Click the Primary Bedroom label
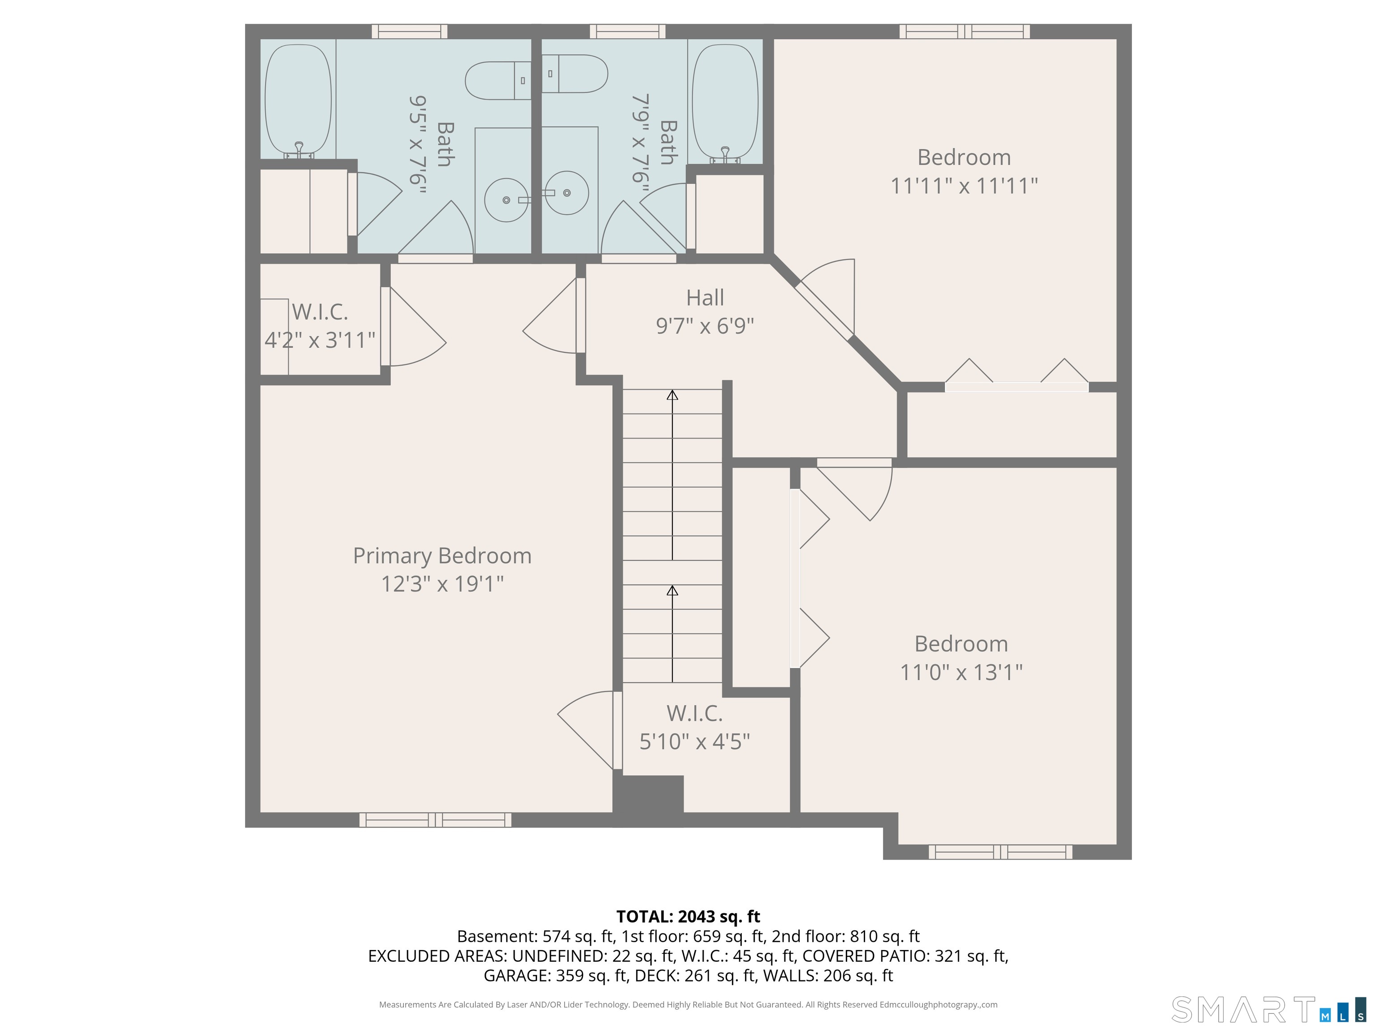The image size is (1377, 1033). [442, 556]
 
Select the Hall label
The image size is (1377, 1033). [705, 298]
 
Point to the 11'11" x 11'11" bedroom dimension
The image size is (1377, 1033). [964, 186]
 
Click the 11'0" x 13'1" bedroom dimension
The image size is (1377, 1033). [961, 673]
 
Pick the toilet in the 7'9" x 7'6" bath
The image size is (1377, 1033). [574, 74]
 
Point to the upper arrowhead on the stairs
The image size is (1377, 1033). [672, 395]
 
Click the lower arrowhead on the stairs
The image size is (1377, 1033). [672, 590]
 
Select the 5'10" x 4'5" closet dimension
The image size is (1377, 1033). [695, 742]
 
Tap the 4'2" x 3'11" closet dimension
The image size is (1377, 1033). [320, 340]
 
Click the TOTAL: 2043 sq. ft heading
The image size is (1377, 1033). [688, 916]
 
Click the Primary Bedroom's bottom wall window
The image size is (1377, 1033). [435, 820]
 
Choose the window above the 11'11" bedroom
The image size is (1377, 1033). [964, 31]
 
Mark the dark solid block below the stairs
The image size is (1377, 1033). [649, 801]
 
